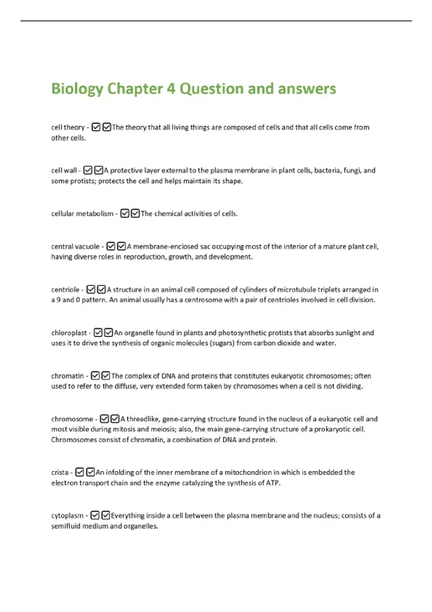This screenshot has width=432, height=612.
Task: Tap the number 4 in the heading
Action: (x=171, y=89)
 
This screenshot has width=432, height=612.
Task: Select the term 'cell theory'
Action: (x=68, y=127)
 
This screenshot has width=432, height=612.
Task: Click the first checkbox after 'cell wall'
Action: (x=88, y=170)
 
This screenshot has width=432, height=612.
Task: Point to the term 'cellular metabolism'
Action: (x=82, y=214)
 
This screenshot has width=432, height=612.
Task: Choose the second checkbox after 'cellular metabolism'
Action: (x=135, y=214)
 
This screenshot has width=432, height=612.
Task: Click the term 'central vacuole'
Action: (x=75, y=247)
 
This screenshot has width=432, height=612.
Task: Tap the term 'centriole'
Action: (x=65, y=290)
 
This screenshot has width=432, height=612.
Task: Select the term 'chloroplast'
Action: (x=69, y=333)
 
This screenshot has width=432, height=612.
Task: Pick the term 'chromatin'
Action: (x=67, y=376)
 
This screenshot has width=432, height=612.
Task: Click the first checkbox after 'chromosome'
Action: (x=104, y=419)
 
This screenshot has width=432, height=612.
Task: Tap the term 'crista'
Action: (x=60, y=472)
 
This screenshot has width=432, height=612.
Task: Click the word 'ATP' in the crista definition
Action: (x=273, y=483)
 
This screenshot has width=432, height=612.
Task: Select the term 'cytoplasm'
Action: (x=67, y=516)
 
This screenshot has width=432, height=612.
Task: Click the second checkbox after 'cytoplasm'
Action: (x=106, y=516)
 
